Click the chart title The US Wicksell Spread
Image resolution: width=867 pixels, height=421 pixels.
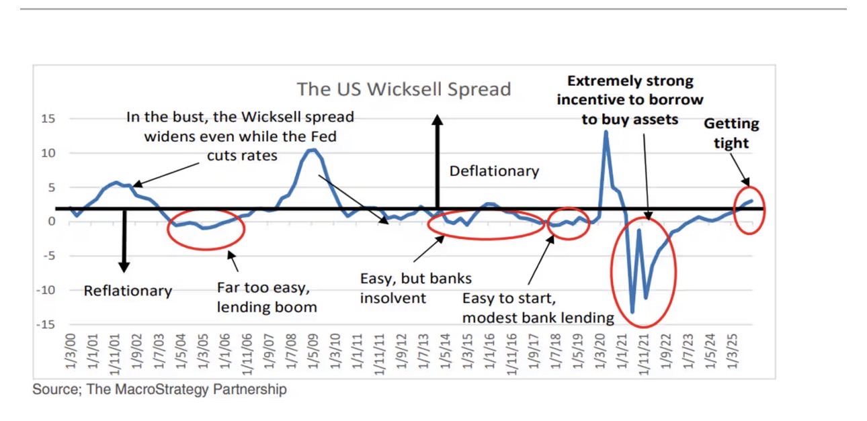(x=404, y=89)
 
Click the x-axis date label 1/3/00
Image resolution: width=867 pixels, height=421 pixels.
(x=71, y=353)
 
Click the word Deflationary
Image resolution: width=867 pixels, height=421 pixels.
(x=494, y=171)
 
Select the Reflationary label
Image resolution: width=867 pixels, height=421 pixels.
(x=128, y=291)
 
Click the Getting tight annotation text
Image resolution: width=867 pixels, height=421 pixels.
(x=731, y=133)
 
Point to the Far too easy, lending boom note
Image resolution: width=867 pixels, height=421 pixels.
(x=267, y=297)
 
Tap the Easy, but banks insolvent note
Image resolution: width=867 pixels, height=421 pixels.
(x=415, y=287)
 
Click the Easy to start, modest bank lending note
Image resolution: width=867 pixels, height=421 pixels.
(x=538, y=308)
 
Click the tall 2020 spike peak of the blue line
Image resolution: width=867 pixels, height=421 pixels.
(x=606, y=132)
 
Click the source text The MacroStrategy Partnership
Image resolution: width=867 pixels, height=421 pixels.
(x=159, y=389)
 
